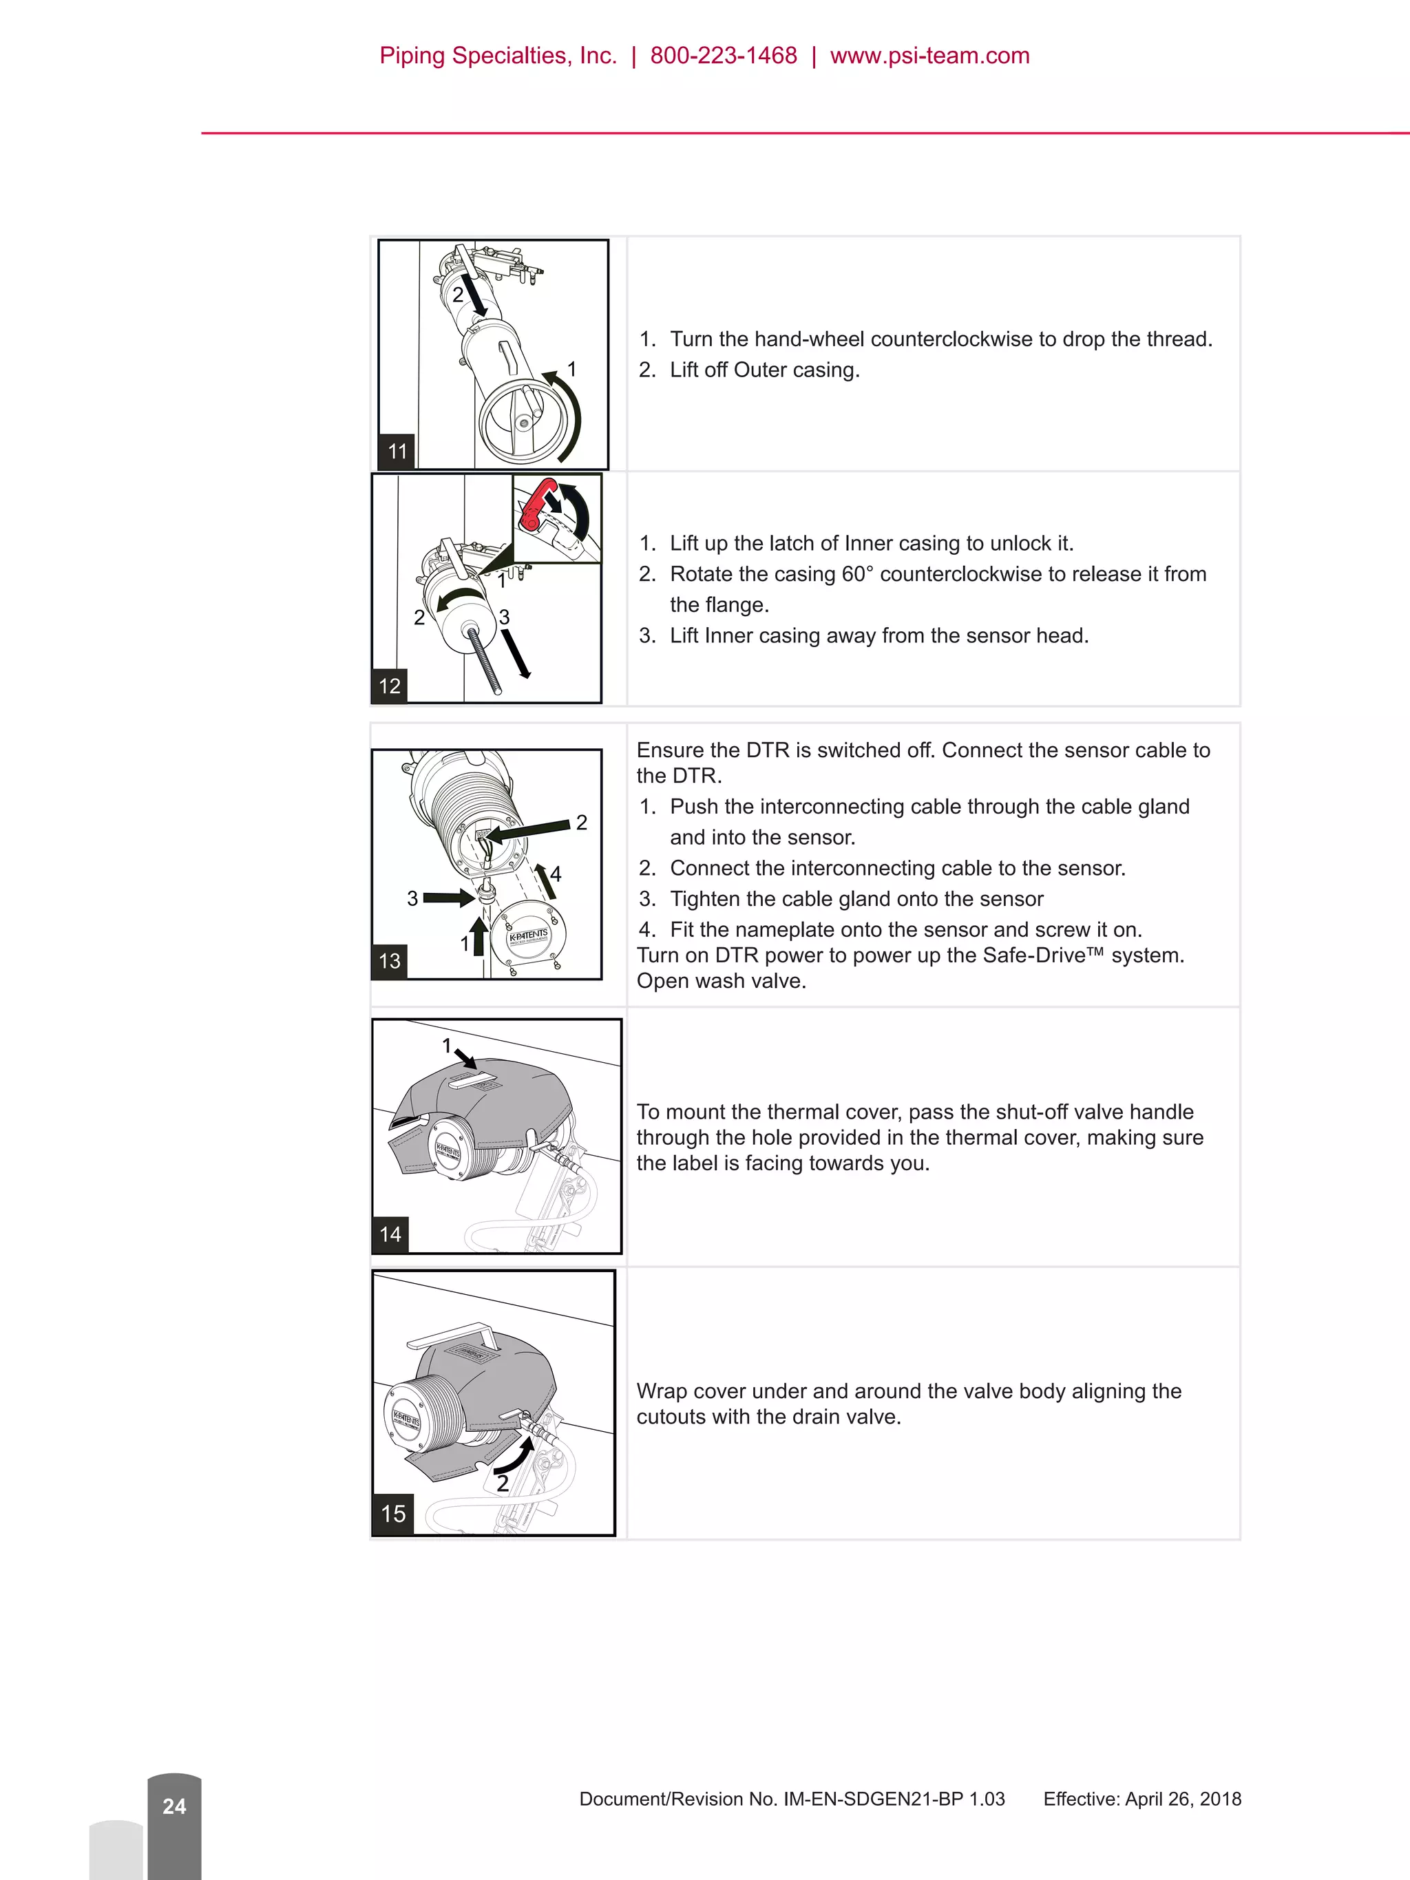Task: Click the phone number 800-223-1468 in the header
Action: point(724,56)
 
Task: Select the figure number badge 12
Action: point(389,686)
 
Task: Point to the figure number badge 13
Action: point(389,961)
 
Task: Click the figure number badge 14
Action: point(390,1234)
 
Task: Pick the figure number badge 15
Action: point(392,1514)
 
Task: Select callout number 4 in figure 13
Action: point(556,874)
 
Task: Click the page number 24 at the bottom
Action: point(174,1806)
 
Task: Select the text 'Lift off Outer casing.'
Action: point(764,370)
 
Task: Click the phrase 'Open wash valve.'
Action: point(721,981)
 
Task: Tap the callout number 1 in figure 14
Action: point(447,1046)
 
